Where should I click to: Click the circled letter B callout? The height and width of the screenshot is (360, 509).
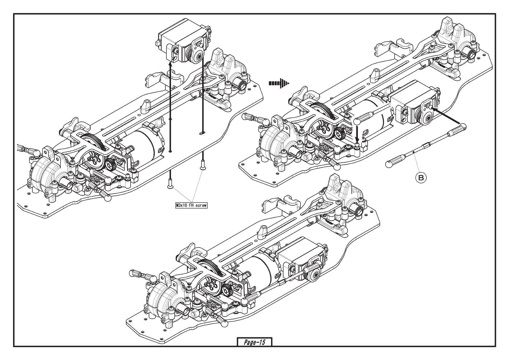click(421, 178)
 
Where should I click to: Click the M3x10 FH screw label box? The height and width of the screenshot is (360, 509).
click(191, 206)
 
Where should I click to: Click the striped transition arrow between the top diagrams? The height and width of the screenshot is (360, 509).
click(279, 83)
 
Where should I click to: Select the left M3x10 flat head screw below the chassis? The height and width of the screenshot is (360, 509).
click(170, 183)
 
